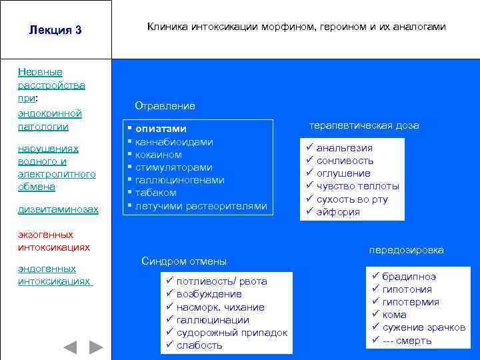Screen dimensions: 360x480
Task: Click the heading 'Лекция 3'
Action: tap(55, 30)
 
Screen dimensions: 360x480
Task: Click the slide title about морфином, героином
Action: tap(296, 27)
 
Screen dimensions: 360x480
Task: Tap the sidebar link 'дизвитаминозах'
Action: tap(58, 209)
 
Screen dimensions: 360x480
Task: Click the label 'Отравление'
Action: tap(165, 106)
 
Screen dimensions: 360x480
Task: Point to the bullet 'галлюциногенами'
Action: tap(179, 180)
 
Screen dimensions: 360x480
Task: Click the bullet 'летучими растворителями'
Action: tap(201, 206)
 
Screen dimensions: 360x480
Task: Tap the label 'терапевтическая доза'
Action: tap(363, 125)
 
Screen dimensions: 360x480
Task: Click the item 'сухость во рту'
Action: tap(351, 199)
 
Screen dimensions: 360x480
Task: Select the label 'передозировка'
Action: tap(406, 250)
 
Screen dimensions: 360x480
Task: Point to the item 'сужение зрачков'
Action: tap(424, 327)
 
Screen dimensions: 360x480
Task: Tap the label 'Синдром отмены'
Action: tap(184, 261)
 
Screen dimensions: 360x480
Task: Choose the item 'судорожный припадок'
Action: tap(232, 333)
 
